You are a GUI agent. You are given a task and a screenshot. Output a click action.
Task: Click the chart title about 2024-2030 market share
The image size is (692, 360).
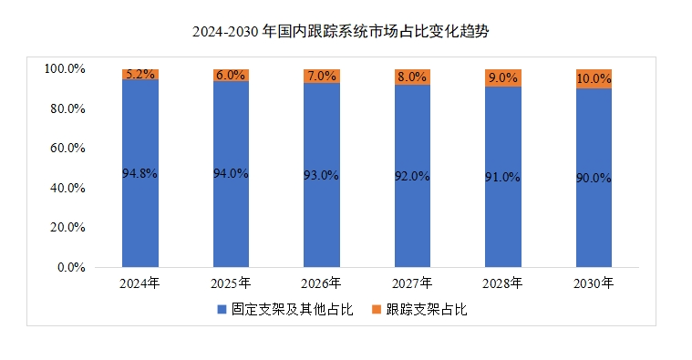[346, 31]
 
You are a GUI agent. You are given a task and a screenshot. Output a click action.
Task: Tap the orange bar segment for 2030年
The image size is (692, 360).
[593, 78]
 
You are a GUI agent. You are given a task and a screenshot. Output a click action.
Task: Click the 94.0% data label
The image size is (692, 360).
[231, 173]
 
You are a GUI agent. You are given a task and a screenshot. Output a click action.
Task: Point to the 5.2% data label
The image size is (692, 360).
[140, 74]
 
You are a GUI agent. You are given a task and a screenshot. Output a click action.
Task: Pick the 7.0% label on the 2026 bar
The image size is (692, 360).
[321, 77]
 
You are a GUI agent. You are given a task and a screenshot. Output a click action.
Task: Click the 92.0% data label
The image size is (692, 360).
[411, 176]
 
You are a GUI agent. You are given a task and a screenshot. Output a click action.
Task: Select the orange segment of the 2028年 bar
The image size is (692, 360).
[502, 77]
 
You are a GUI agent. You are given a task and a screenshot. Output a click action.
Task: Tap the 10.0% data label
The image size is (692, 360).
[593, 79]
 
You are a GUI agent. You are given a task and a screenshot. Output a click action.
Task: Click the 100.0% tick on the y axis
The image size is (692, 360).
[65, 69]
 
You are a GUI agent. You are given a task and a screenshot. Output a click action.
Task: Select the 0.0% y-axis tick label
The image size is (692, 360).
[71, 268]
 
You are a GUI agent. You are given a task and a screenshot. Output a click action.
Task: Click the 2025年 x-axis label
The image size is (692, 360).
[231, 283]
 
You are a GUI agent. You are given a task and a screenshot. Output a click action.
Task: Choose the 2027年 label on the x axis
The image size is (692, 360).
[411, 283]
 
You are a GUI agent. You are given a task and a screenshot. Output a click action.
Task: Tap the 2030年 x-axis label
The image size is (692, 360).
[593, 283]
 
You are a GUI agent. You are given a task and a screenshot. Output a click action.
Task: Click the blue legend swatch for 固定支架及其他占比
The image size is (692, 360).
[222, 310]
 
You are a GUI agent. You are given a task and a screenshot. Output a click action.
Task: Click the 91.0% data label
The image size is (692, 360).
[502, 177]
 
